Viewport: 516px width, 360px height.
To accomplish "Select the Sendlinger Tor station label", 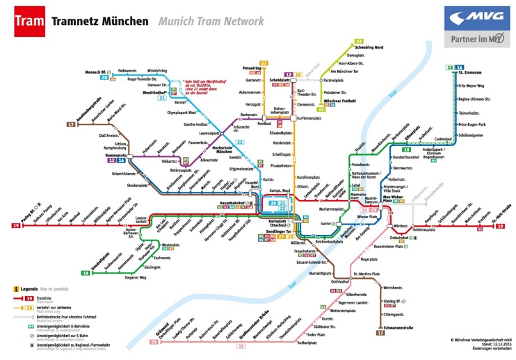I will point(279,230).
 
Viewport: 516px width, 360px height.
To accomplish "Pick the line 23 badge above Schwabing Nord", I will point(359,41).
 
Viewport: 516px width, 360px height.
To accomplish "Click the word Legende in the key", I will point(29,288).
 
